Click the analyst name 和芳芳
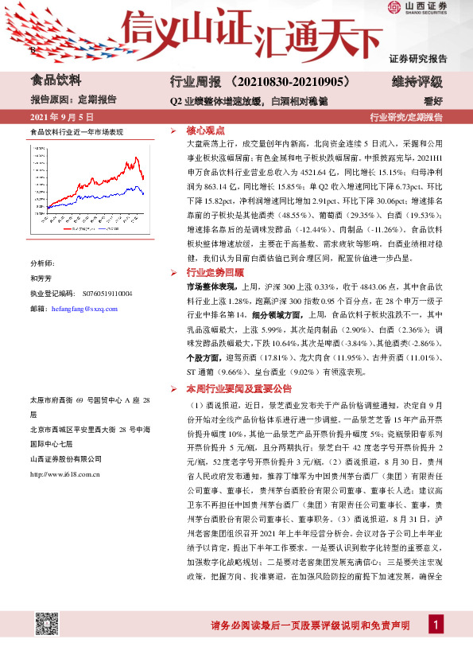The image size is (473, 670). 41,279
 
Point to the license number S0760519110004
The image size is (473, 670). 104,294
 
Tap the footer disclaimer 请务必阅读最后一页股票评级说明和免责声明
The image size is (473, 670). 310,625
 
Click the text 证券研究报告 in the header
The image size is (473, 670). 418,59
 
